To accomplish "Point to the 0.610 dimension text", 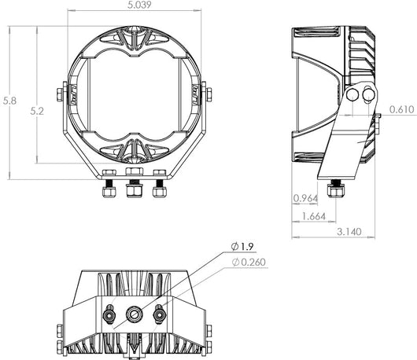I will tap(400, 110).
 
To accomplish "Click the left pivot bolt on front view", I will tap(61, 93).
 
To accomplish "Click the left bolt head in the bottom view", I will tap(105, 313).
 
